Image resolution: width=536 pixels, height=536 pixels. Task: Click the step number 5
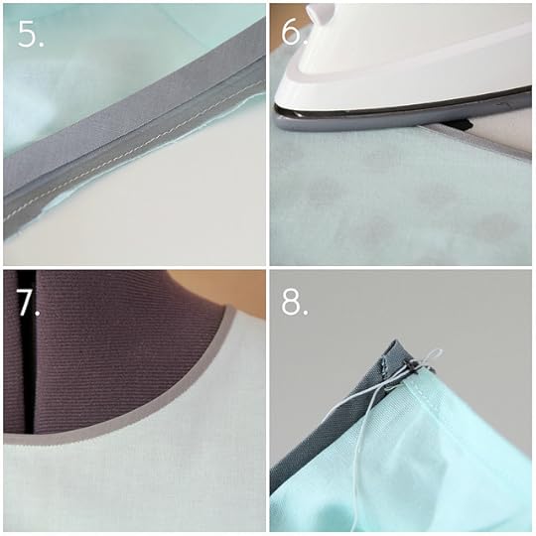[31, 34]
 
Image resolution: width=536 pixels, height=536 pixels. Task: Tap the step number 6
[293, 33]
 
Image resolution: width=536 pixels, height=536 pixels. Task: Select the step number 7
[28, 302]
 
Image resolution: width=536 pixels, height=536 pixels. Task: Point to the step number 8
[295, 302]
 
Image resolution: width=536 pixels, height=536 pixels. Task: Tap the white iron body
[403, 62]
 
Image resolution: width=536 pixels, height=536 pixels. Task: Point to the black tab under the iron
[457, 124]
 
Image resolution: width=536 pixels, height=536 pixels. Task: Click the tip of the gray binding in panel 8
[396, 341]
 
